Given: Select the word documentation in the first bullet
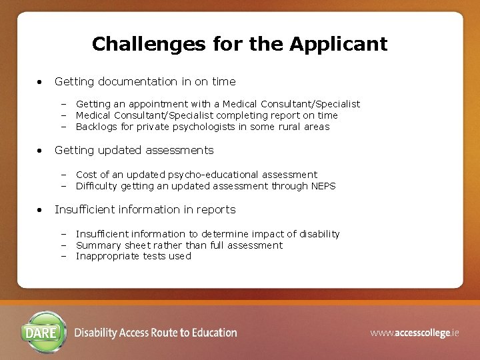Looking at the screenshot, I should pos(138,81).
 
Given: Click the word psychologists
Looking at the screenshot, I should pos(209,127).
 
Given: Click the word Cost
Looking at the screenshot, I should pos(87,175).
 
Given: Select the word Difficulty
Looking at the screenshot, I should pos(97,186).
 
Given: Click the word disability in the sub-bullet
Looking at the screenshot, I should pos(318,234).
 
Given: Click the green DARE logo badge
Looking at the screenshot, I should pos(45,332).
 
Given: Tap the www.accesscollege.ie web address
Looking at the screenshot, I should pos(415,333).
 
